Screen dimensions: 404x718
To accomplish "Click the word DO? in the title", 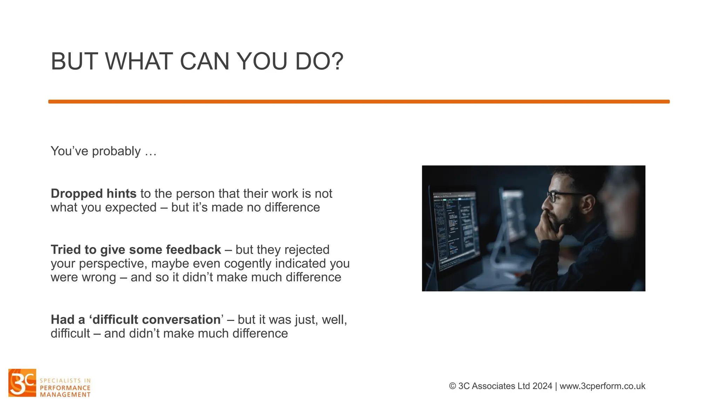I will (x=319, y=61).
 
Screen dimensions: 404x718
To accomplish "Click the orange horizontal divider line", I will (x=359, y=102).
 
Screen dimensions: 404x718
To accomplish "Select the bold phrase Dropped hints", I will (x=93, y=194).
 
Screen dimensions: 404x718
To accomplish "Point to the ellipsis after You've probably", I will (x=150, y=151).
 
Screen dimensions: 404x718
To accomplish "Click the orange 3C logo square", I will (x=22, y=383).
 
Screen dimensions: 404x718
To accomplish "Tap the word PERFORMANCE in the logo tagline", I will (x=65, y=388).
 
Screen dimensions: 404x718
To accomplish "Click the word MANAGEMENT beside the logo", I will (x=65, y=395).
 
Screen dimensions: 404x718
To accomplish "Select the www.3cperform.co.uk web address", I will (x=602, y=386).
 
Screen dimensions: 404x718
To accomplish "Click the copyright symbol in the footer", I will (x=452, y=386).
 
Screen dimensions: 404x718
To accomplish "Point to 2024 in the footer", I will (x=542, y=386).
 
